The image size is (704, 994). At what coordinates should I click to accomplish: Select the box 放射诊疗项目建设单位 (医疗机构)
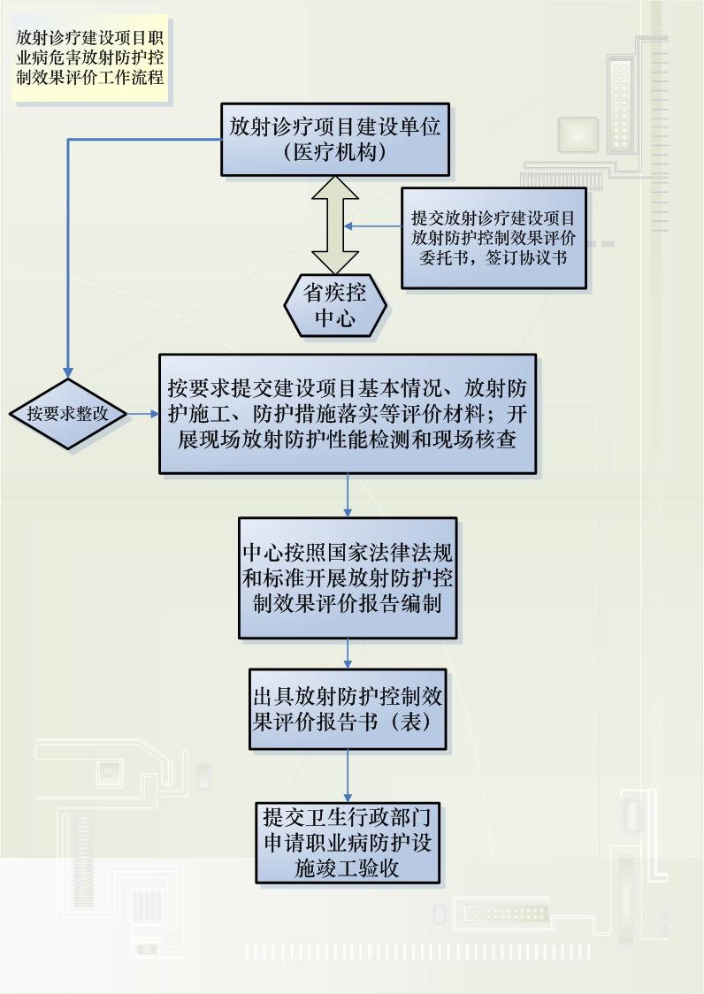(x=335, y=138)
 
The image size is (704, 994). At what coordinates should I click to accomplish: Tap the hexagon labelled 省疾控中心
(x=335, y=305)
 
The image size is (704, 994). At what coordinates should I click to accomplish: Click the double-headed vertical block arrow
(x=334, y=225)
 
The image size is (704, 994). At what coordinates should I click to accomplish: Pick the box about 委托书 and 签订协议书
(x=494, y=237)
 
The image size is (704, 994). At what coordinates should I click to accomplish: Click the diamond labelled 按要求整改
(x=67, y=413)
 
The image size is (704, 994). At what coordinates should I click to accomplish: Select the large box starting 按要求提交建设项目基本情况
(x=348, y=414)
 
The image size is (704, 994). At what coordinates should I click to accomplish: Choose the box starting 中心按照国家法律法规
(x=348, y=577)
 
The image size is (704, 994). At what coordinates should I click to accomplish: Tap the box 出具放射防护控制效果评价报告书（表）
(x=348, y=707)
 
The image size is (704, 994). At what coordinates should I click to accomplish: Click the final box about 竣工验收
(x=348, y=841)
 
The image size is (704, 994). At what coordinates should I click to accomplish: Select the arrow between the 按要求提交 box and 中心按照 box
(x=348, y=495)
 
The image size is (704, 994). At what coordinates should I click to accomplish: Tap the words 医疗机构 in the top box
(x=335, y=151)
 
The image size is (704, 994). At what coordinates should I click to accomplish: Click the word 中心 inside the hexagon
(x=335, y=318)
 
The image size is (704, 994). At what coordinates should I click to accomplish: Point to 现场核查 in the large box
(x=481, y=440)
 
